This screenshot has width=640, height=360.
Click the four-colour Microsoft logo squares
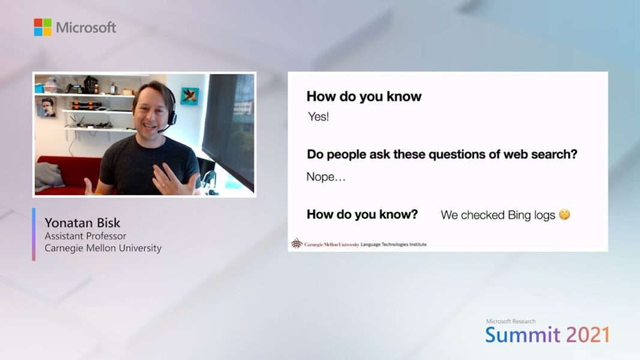(x=43, y=27)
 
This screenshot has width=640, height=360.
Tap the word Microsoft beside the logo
(x=86, y=28)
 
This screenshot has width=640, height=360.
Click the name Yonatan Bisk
(x=82, y=223)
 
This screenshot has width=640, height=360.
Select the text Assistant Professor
(x=85, y=236)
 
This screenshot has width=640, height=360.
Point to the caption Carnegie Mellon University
(x=103, y=248)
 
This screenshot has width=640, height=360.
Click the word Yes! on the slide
(x=318, y=116)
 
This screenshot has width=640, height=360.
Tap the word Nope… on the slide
(x=326, y=177)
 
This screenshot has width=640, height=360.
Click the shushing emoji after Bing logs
(x=564, y=214)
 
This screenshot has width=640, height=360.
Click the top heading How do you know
(x=364, y=96)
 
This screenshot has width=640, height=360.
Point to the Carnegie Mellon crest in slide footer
(x=297, y=244)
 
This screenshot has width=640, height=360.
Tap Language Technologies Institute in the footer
(x=393, y=244)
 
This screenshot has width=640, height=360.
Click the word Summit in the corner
(x=522, y=335)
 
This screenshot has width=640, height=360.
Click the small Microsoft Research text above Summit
(x=510, y=321)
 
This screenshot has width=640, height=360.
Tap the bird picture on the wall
(x=190, y=96)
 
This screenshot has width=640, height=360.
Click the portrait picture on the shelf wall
(x=47, y=107)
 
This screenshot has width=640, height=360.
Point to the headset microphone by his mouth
(x=163, y=130)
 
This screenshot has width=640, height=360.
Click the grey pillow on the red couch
(x=48, y=176)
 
